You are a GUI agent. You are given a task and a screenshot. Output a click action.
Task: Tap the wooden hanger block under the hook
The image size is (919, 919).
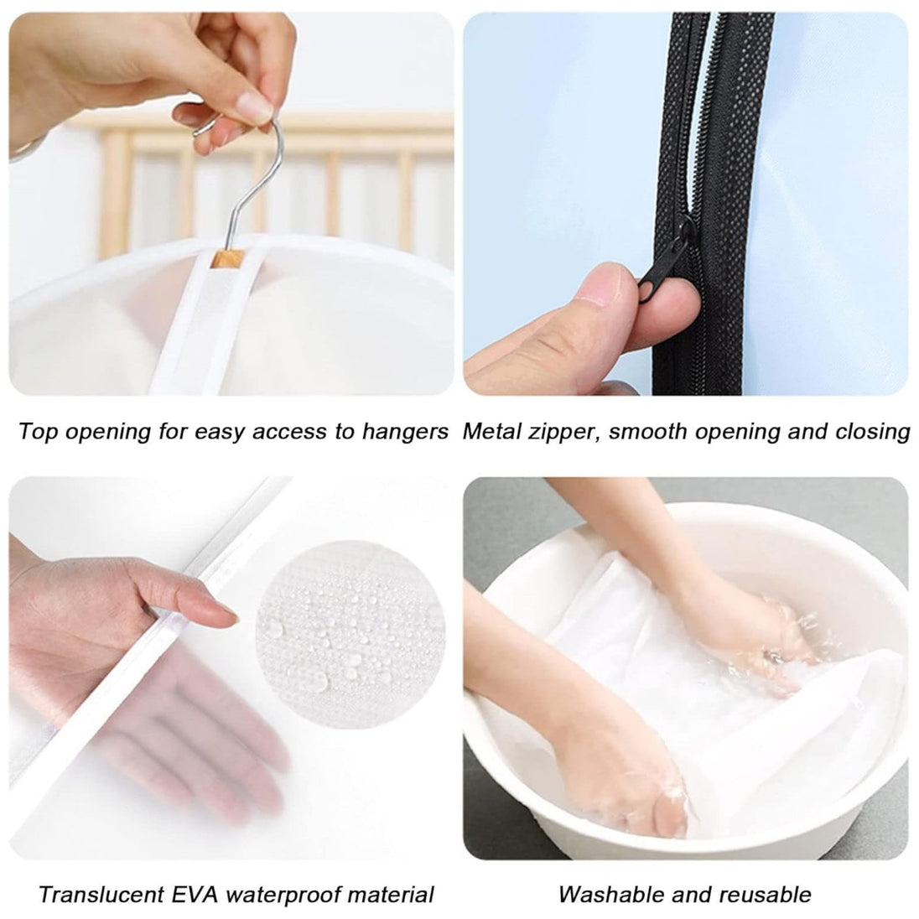coord(228,258)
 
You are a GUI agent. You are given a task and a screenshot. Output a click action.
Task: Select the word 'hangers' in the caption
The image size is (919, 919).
coord(405,432)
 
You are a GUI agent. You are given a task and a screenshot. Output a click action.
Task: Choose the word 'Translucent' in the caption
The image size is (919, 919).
coord(101,895)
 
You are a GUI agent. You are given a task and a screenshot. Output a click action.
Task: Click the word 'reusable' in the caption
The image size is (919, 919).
coord(766,895)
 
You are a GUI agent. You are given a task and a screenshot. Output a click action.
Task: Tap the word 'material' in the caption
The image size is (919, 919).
coord(391,895)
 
